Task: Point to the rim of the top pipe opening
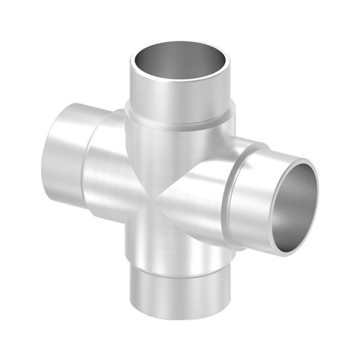[x=180, y=43]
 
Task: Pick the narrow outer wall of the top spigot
[x=180, y=99]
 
